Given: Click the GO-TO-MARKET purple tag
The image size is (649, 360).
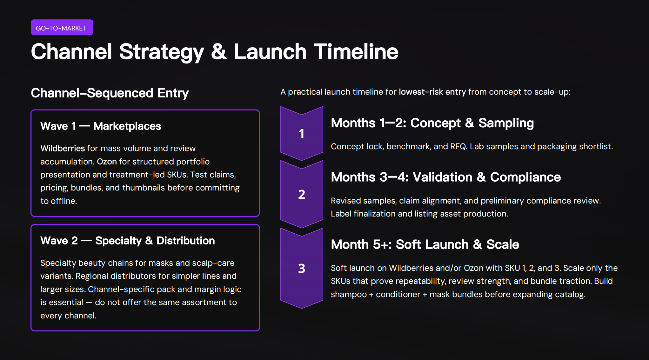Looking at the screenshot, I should point(62,28).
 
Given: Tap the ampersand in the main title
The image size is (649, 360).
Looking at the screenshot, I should point(219,52).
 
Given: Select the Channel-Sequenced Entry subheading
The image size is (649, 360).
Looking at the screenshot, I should point(110,93).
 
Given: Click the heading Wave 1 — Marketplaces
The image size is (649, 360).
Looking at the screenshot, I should point(101,126).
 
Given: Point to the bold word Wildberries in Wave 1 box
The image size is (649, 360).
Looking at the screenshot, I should point(62,148).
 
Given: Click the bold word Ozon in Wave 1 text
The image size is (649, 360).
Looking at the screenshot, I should point(107,162).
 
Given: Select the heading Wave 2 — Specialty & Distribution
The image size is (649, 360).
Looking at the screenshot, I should point(127,241).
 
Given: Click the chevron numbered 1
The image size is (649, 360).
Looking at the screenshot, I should point(301,134).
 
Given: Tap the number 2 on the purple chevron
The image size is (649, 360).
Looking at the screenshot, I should point(301,194).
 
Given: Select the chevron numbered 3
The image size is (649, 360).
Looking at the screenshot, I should point(301,269).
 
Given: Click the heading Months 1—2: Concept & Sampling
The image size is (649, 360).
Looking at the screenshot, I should point(432,123).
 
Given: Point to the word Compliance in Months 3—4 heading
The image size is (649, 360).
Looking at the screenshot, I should point(525,177).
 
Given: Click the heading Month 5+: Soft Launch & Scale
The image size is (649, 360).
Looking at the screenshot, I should point(425,244).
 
